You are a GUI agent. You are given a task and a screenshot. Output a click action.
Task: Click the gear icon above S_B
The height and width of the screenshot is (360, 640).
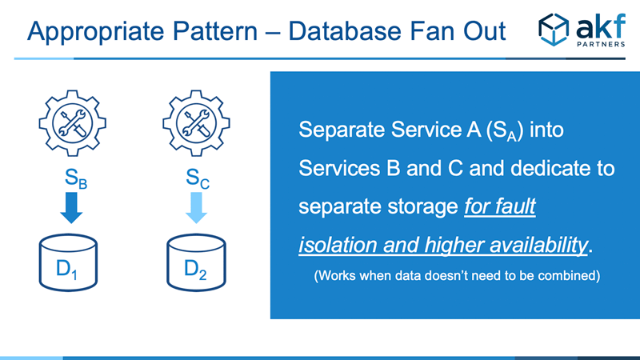[x=72, y=123]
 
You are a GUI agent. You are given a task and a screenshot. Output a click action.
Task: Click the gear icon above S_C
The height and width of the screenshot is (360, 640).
[x=196, y=123]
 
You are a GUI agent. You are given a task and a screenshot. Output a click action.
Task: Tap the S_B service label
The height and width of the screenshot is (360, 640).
[x=76, y=178]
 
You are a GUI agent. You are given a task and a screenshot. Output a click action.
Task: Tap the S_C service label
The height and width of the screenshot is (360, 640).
[x=198, y=178]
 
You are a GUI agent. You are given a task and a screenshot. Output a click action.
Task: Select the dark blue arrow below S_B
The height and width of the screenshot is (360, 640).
[x=71, y=208]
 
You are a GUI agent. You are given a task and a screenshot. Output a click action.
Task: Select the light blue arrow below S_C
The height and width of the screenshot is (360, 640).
[x=196, y=208]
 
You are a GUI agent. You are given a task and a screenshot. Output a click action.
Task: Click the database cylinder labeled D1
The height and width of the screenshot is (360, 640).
[x=68, y=262]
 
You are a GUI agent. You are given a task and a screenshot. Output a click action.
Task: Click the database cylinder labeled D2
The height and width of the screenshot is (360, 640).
[x=196, y=262]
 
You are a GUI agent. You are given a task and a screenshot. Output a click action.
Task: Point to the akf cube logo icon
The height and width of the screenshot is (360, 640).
[x=554, y=30]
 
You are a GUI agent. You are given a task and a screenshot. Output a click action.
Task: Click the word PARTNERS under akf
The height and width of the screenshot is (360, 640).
[x=601, y=44]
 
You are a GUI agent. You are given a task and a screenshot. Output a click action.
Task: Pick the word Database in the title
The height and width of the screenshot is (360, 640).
[x=345, y=31]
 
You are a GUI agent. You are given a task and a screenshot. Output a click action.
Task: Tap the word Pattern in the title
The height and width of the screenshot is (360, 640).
[x=215, y=31]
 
